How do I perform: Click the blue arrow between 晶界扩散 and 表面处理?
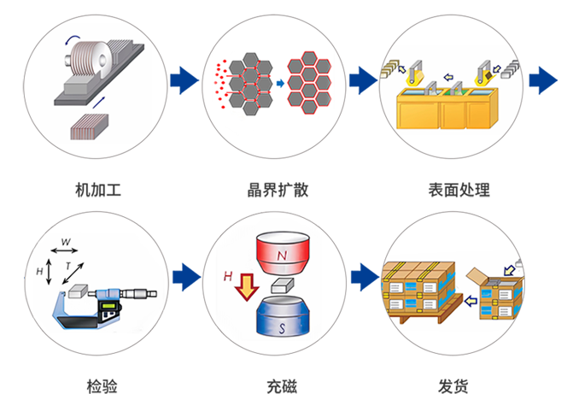coord(362,81)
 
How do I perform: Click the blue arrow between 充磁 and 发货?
coord(362,275)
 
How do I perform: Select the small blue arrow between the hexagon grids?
coord(278,83)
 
